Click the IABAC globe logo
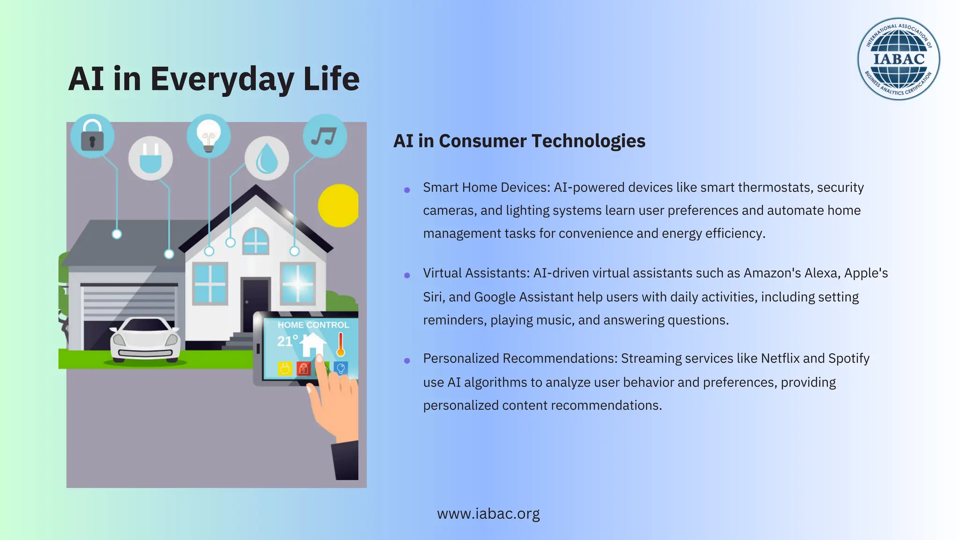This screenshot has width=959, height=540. tap(898, 59)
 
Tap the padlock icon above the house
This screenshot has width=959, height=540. tap(92, 136)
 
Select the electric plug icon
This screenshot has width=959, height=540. tap(150, 158)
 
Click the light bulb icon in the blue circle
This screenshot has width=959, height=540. tap(208, 135)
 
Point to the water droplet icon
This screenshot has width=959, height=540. tap(267, 158)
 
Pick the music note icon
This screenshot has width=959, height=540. tap(325, 136)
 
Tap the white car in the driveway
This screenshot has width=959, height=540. tap(145, 340)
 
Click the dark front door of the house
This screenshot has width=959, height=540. tap(255, 305)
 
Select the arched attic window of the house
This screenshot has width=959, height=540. tap(256, 241)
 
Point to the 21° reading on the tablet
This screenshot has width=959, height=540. tap(287, 341)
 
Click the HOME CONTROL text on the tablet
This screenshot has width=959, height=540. tap(313, 325)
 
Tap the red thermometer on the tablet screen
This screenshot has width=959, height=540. tap(340, 345)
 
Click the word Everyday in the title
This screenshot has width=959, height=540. tap(222, 79)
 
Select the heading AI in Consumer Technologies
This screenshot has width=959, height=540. tap(519, 141)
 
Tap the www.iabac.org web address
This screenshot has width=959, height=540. tap(488, 514)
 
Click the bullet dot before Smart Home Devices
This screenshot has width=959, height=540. tap(407, 190)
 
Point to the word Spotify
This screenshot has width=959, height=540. tap(848, 359)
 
